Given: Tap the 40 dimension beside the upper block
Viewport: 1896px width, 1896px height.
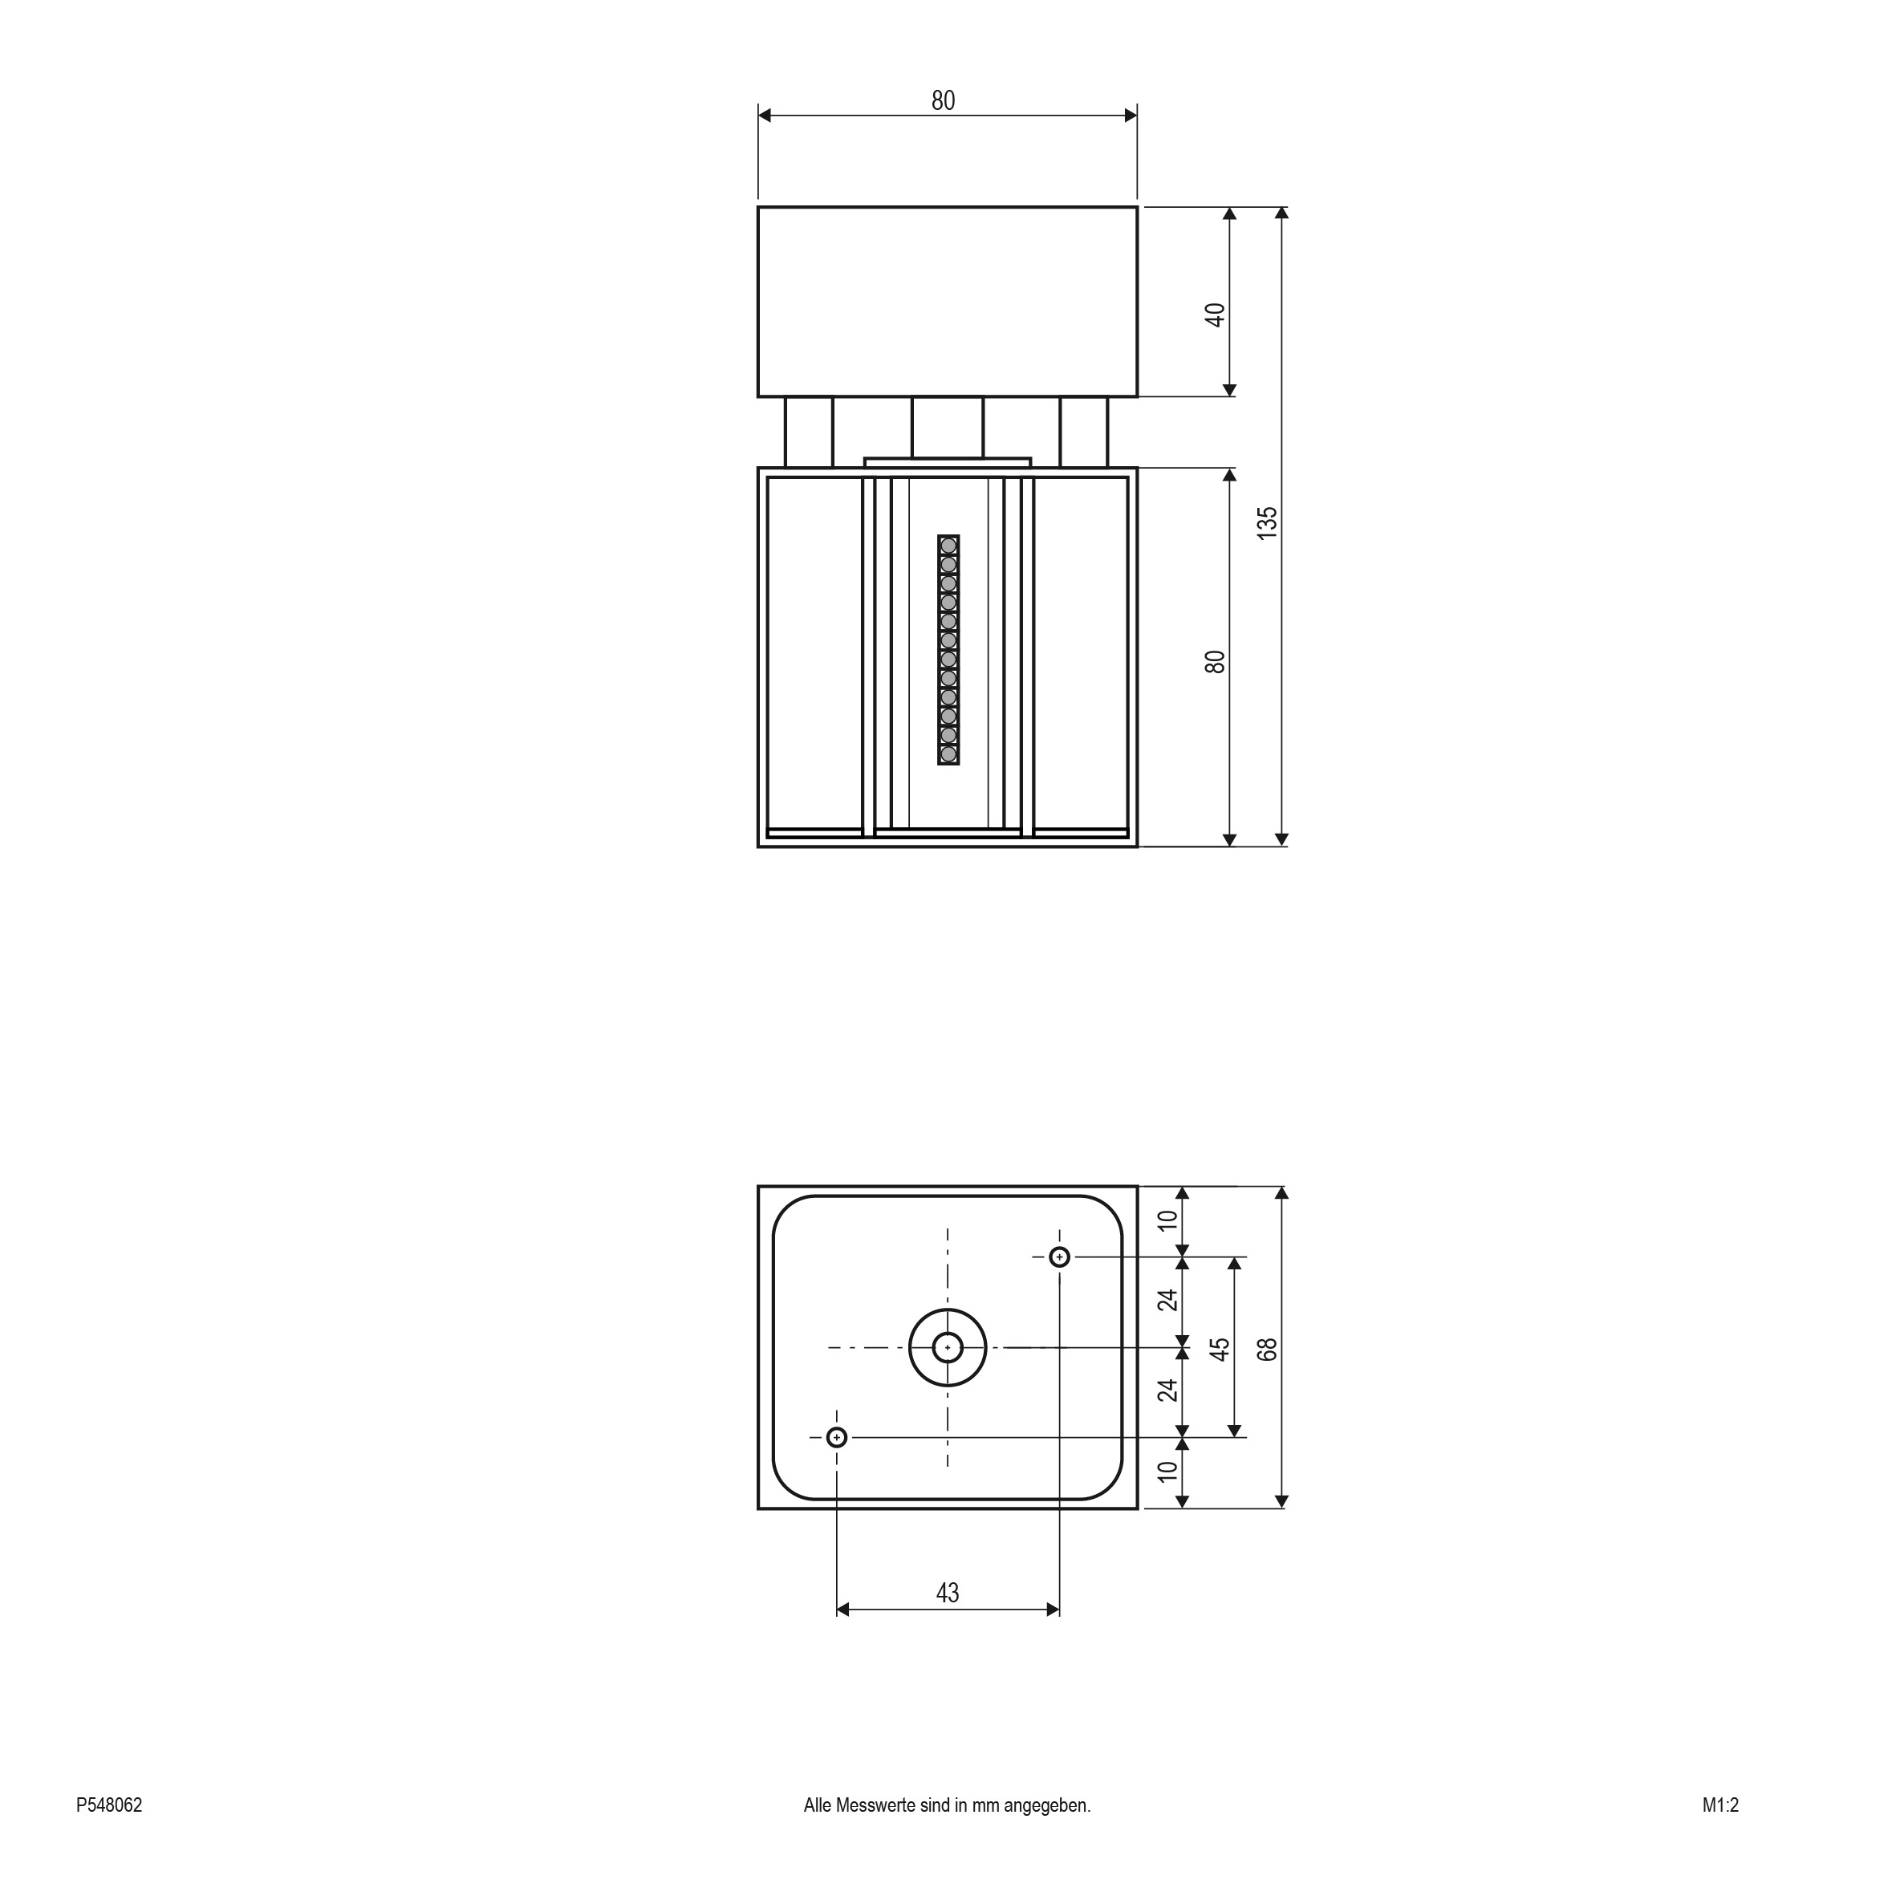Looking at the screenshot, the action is tap(1215, 315).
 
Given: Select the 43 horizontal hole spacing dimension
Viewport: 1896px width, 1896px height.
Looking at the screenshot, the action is tap(947, 1592).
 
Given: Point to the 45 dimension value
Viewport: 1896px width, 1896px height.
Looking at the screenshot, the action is tap(1220, 1349).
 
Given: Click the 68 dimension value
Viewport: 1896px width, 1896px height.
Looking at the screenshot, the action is tap(1267, 1350).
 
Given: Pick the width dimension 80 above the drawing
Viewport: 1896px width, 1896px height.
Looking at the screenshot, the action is tap(943, 100).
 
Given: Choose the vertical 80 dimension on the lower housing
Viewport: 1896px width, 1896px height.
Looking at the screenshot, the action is tap(1215, 661).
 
